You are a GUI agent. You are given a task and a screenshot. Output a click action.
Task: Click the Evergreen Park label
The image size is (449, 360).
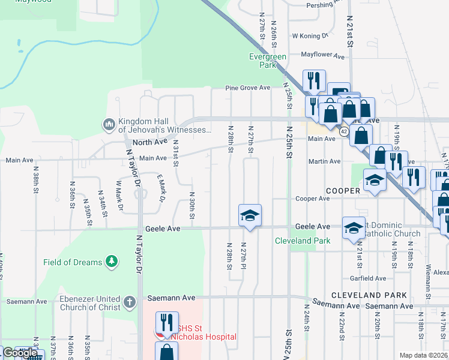(268, 61)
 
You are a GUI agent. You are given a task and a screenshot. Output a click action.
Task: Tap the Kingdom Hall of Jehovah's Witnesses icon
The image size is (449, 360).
(109, 124)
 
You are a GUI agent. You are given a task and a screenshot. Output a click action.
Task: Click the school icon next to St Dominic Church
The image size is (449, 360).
(354, 227)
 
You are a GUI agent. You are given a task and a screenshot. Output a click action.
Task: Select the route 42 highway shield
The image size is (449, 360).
(343, 131)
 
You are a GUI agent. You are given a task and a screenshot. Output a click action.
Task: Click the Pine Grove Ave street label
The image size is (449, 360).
(248, 88)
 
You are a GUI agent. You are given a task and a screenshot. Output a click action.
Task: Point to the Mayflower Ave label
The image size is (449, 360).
(322, 55)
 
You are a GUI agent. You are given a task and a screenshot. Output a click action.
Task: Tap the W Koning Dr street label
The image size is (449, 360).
(310, 36)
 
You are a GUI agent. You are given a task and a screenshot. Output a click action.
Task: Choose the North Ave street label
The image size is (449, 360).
(149, 142)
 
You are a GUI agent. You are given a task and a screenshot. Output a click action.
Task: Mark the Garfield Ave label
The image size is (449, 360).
(368, 278)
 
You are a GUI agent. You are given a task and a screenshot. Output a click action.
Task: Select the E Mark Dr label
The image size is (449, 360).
(161, 189)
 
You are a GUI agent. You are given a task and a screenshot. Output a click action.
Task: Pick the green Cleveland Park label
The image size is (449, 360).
(303, 241)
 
